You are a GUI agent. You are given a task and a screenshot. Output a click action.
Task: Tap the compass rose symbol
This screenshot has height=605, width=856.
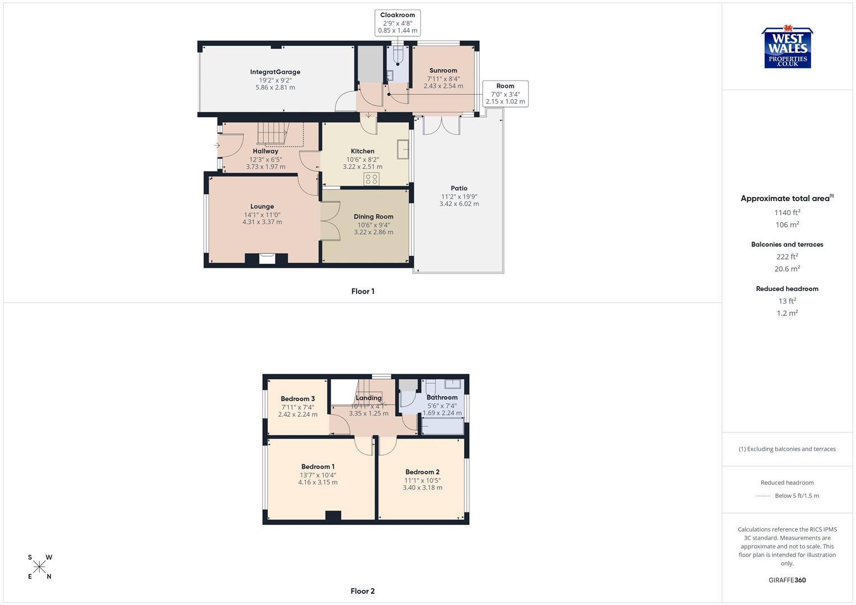[x=40, y=567]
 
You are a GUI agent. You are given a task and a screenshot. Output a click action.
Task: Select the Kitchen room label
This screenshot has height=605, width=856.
[x=363, y=151]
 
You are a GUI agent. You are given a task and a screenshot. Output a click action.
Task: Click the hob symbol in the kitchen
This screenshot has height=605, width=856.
[x=372, y=179]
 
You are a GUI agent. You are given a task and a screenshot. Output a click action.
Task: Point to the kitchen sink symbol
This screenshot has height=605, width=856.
[x=402, y=149]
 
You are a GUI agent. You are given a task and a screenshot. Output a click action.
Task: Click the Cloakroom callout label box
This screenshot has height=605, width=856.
[x=397, y=23]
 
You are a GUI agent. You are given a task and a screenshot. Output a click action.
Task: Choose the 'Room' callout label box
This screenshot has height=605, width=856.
[x=505, y=94]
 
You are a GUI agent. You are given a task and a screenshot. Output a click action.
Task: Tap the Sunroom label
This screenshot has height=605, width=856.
[x=443, y=71]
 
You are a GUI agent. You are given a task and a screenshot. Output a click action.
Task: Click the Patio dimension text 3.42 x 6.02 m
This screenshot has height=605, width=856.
[x=459, y=204]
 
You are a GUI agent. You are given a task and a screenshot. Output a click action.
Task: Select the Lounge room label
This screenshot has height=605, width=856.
[x=262, y=207]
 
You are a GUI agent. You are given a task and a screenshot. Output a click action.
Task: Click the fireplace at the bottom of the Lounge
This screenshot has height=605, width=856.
[x=267, y=258]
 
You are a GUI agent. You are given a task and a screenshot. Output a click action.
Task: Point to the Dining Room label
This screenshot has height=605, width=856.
[x=373, y=217]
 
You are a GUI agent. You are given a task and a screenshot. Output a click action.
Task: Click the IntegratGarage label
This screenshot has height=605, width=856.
[x=275, y=72]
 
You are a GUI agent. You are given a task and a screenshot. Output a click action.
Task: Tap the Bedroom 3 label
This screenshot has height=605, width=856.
[x=298, y=399]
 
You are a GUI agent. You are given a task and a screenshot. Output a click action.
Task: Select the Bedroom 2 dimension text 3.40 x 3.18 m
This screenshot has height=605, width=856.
[x=423, y=487]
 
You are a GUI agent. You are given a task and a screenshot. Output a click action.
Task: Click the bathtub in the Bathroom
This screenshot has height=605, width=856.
[x=442, y=427]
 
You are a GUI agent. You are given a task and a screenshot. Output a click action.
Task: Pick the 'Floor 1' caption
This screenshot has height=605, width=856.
[x=363, y=291]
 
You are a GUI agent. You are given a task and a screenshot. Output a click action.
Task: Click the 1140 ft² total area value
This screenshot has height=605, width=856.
[x=787, y=212]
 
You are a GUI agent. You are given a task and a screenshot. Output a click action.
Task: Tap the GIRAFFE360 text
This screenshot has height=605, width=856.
[x=787, y=580]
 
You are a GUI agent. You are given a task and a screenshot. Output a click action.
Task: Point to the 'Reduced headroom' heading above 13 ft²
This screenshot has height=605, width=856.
[x=787, y=289]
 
